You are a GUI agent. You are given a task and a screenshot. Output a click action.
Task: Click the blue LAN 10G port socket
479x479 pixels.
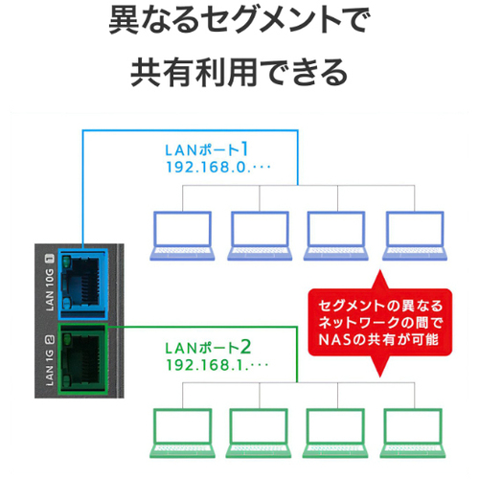click(x=83, y=285)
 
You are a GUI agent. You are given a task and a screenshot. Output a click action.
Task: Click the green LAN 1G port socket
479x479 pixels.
click(x=82, y=359)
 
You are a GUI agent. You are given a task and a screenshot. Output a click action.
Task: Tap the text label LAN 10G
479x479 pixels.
click(x=50, y=290)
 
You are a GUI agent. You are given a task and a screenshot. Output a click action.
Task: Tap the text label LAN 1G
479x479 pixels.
click(x=50, y=368)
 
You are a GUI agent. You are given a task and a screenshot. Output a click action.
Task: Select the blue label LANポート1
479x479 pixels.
click(x=207, y=149)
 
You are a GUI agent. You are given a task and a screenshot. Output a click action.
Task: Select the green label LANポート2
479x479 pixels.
click(x=208, y=348)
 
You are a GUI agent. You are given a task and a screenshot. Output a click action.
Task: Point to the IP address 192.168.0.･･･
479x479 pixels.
click(x=218, y=168)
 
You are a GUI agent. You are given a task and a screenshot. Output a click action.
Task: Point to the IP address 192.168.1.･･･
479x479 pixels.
click(x=217, y=365)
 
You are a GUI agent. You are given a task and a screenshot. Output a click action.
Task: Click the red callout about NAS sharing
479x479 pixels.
click(x=380, y=323)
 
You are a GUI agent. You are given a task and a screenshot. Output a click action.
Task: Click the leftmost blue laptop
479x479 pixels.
click(x=182, y=236)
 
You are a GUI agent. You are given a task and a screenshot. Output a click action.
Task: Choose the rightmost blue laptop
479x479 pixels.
click(x=415, y=236)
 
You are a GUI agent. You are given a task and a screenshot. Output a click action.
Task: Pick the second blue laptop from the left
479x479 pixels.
click(x=260, y=236)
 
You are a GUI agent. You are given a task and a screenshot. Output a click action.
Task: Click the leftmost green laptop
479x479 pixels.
click(x=182, y=433)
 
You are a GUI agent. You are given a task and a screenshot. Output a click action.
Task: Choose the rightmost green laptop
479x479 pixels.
click(x=414, y=433)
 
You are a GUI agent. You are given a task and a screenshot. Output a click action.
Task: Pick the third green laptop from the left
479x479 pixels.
click(x=335, y=433)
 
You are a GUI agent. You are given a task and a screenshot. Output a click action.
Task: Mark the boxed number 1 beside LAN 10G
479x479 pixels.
click(x=50, y=259)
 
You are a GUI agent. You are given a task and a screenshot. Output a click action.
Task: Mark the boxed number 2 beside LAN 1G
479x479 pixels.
click(x=50, y=340)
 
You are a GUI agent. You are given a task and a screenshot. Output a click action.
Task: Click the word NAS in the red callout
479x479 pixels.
click(x=336, y=340)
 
